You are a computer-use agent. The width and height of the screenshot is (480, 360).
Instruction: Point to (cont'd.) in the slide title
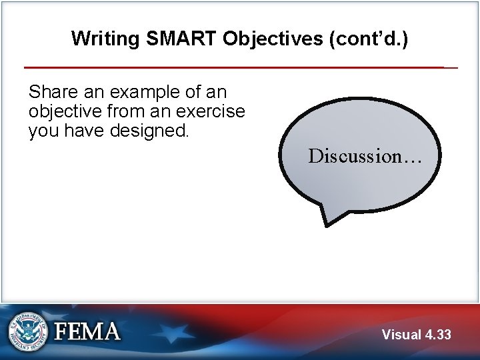367,39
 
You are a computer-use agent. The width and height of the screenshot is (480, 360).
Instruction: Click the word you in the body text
44,130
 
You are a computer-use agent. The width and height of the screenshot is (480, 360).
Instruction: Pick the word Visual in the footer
401,335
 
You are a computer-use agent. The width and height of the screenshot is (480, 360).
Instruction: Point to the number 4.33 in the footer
438,335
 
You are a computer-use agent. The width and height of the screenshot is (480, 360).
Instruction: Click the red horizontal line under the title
233,67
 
